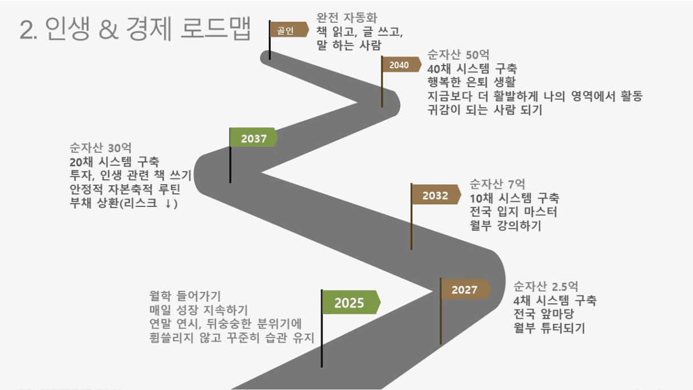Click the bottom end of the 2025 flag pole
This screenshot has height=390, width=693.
[x=322, y=367]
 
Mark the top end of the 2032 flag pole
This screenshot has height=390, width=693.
[x=411, y=184]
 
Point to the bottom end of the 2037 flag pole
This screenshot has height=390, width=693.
[x=230, y=182]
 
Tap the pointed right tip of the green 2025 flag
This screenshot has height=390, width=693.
[x=381, y=302]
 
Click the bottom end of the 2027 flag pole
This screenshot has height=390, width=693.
[x=441, y=344]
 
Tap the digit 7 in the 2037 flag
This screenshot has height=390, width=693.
[x=263, y=139]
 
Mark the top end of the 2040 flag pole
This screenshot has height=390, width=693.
[x=382, y=56]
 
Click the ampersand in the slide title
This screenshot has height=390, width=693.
[x=109, y=30]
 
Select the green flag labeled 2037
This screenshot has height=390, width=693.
[x=254, y=137]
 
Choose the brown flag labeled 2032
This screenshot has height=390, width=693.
[x=436, y=194]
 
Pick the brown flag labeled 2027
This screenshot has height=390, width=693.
[x=466, y=290]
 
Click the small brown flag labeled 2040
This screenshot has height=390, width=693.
[x=402, y=64]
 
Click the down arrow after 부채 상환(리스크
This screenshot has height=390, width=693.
[x=168, y=204]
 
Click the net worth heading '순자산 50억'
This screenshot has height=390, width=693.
[x=458, y=55]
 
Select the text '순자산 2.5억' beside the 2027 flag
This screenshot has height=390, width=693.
[x=545, y=287]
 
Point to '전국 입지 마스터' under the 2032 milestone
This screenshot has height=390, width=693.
[x=513, y=212]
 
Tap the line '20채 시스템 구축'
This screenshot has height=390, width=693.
[x=114, y=162]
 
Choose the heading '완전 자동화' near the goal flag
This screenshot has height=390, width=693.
[x=347, y=18]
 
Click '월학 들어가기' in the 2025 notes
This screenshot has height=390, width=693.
[x=185, y=296]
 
